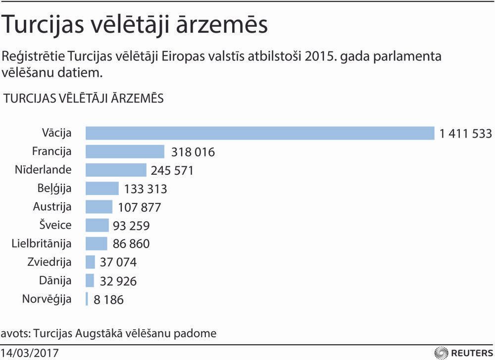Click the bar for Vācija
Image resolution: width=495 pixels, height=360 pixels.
[x=260, y=133]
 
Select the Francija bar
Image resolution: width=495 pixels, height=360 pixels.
[x=125, y=152]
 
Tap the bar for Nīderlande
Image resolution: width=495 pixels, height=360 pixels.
[x=116, y=170]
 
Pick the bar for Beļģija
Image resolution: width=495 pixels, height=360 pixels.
[x=102, y=188]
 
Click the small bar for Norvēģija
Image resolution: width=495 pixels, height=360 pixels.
[x=87, y=299]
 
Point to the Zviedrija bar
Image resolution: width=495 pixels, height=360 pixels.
[x=90, y=262]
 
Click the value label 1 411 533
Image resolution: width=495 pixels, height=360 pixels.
[x=465, y=133]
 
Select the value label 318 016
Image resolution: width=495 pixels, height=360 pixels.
[x=193, y=152]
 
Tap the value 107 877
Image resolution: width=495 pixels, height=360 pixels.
[x=140, y=207]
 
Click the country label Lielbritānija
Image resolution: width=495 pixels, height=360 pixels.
[x=42, y=244]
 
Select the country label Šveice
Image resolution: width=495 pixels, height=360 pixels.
[x=55, y=225]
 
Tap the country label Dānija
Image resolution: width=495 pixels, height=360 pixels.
[x=55, y=281]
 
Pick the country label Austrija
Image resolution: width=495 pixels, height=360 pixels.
[x=52, y=206]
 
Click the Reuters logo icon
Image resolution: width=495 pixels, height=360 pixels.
[x=440, y=353]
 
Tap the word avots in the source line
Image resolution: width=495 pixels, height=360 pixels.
[x=13, y=333]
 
